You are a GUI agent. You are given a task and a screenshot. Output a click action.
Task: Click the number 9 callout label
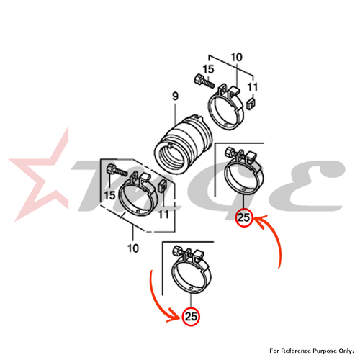coord(176,96)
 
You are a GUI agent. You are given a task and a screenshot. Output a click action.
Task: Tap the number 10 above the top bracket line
coord(237,57)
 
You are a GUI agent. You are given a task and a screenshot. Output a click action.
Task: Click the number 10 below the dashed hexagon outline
coord(133,248)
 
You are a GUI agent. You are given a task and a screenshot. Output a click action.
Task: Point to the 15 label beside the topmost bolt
coord(208,69)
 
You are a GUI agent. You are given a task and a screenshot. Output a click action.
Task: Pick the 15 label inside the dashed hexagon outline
coord(110,195)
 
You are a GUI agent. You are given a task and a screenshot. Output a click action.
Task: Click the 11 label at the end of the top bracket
coord(253,87)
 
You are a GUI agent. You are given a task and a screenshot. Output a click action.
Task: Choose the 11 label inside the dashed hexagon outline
coord(163,215)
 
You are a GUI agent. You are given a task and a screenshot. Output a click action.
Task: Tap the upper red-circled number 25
coord(244,217)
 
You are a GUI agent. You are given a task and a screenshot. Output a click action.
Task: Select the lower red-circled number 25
coord(191,316)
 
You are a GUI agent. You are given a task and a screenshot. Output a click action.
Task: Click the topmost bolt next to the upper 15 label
coord(203,81)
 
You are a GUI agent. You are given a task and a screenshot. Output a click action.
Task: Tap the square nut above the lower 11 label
coord(163,184)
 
